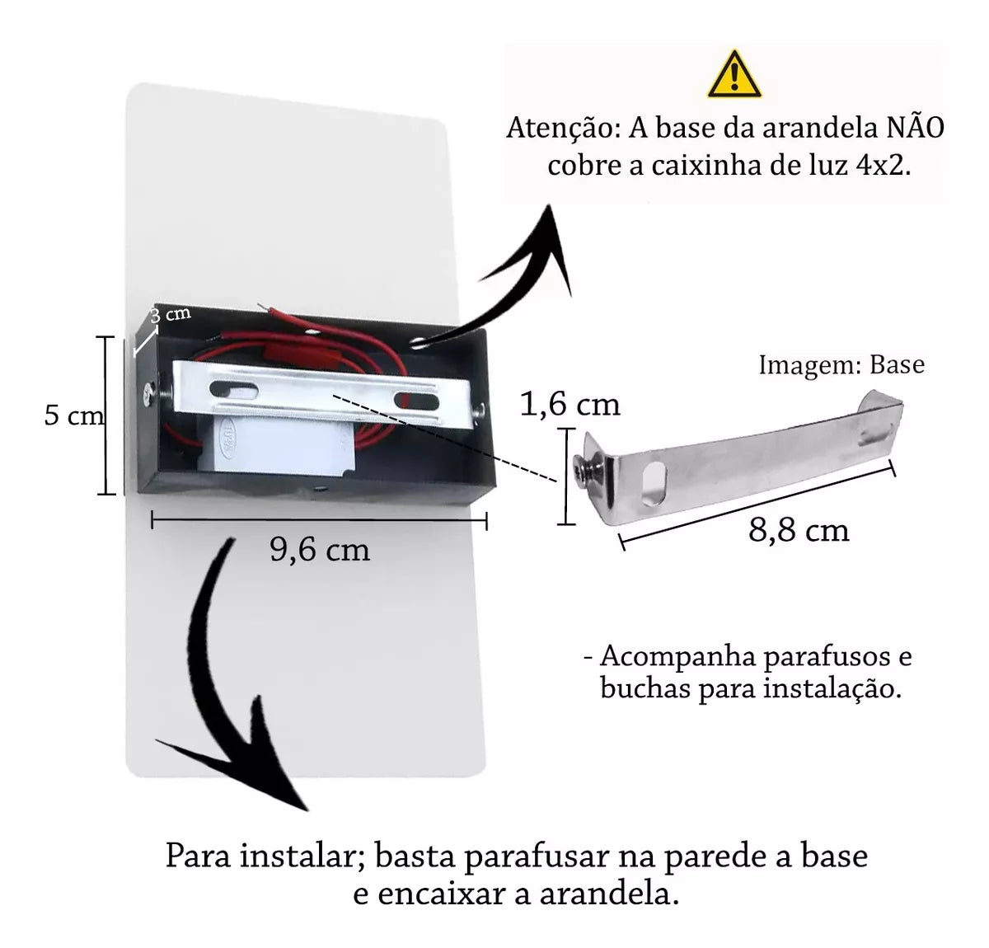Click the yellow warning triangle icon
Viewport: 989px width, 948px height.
click(x=734, y=74)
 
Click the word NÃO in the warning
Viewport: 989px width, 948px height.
click(x=915, y=129)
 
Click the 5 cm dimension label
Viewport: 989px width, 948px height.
click(x=74, y=415)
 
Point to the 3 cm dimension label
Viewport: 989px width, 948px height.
click(x=171, y=314)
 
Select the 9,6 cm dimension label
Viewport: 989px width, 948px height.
click(x=320, y=550)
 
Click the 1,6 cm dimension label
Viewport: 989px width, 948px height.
click(x=569, y=404)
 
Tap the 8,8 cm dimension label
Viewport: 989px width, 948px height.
click(x=799, y=530)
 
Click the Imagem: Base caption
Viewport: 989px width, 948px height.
click(x=841, y=364)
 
